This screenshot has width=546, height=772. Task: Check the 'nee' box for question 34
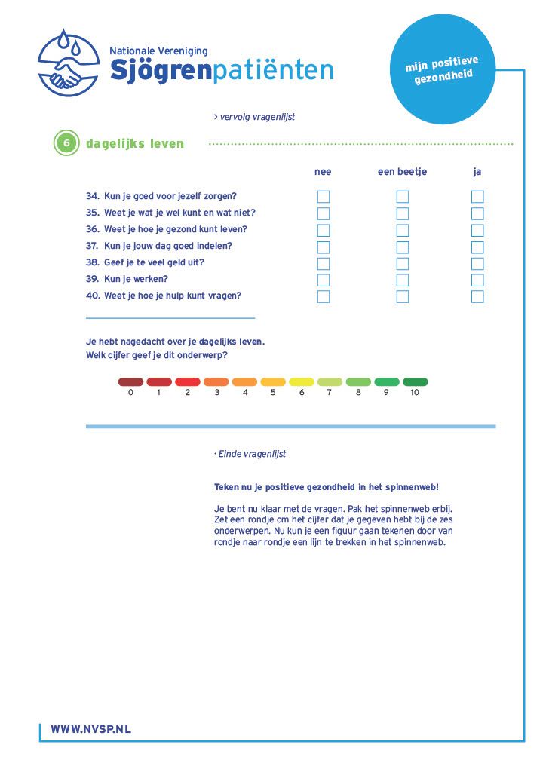[x=324, y=197]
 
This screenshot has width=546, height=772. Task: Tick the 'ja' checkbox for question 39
[x=477, y=280]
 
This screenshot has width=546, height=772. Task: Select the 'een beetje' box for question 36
[x=403, y=230]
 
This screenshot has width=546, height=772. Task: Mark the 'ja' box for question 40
[x=477, y=296]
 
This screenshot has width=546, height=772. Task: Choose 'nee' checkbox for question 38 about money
[x=324, y=263]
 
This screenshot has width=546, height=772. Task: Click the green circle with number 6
[x=66, y=143]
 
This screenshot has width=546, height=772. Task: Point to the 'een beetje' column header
[x=402, y=172]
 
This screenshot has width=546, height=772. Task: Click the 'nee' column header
[x=323, y=172]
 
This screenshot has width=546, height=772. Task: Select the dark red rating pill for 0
[x=130, y=382]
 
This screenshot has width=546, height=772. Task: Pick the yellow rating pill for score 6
[x=302, y=382]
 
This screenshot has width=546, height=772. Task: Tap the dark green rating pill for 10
[x=415, y=382]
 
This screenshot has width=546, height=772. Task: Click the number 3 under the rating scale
[x=216, y=393]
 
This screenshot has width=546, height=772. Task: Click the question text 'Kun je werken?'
[x=136, y=279]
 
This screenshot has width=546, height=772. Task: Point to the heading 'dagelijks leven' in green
[x=135, y=144]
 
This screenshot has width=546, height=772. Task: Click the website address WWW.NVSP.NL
[x=90, y=729]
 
